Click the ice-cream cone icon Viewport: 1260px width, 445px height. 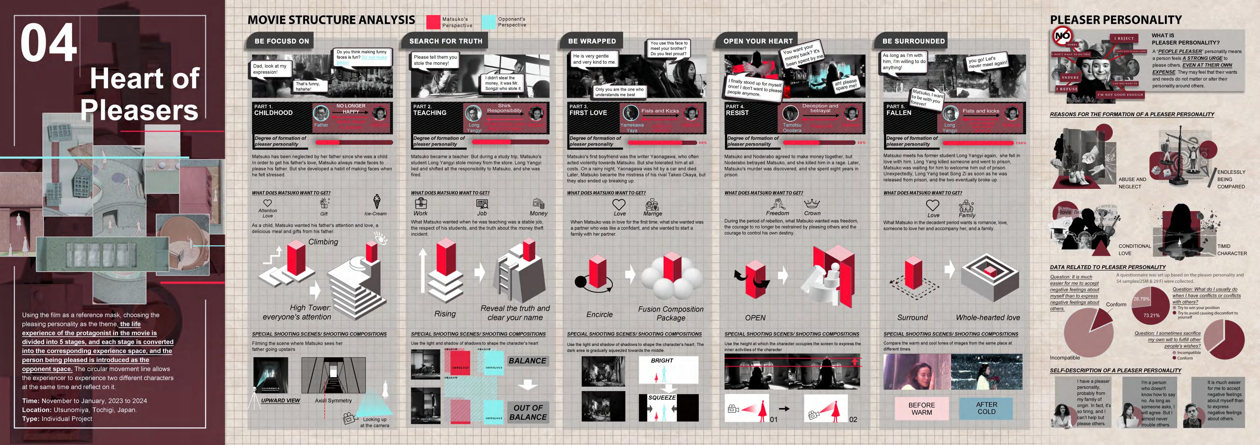point(377,201)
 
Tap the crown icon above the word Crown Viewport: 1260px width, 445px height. point(812,203)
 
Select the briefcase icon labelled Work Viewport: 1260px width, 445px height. point(420,203)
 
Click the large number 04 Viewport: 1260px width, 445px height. point(49,43)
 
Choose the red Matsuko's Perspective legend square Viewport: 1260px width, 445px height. point(433,22)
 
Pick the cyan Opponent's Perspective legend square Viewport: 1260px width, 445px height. point(489,22)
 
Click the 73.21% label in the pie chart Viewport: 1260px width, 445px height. point(1151,315)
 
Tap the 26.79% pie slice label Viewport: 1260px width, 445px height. point(1141,299)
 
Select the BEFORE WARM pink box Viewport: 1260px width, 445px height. point(922,409)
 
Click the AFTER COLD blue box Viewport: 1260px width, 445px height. point(986,408)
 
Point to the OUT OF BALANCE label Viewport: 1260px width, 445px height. point(528,412)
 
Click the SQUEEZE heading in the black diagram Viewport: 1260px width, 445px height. point(662,398)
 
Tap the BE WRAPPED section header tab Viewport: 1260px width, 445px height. point(592,41)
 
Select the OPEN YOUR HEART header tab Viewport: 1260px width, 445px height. point(758,41)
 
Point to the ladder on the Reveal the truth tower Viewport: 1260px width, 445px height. point(504,279)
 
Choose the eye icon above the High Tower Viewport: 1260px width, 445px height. point(380,238)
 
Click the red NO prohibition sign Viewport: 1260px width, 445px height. point(1062,36)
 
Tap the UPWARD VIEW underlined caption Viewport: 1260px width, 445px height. point(280,400)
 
